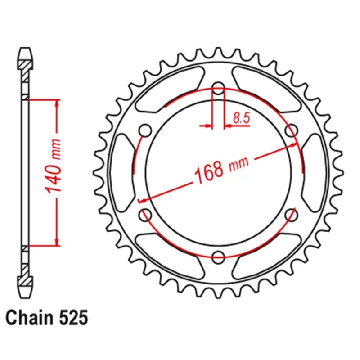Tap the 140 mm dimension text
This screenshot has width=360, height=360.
(54, 166)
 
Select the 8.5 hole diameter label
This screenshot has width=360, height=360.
(241, 118)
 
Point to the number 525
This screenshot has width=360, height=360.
(74, 318)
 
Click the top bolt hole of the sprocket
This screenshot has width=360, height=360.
(218, 88)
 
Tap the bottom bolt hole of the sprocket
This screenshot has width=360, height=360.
(218, 256)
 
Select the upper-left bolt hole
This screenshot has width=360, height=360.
(145, 130)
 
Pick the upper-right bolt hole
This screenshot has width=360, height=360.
(291, 130)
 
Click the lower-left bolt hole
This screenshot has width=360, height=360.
(145, 215)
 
